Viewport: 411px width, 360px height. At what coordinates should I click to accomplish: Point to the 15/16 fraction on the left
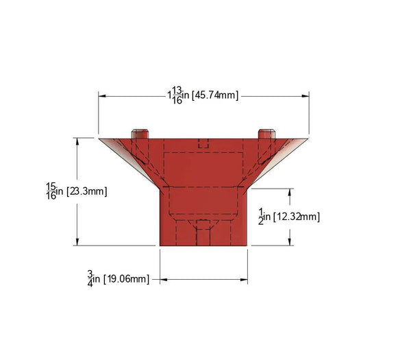click(x=51, y=191)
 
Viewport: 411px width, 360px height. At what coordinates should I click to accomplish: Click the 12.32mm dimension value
click(x=297, y=217)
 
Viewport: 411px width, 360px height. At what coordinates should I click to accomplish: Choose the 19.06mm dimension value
click(x=125, y=278)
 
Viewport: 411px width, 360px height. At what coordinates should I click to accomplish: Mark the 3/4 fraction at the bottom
click(x=90, y=278)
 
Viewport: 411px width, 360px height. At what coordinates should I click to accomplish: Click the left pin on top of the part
click(x=140, y=133)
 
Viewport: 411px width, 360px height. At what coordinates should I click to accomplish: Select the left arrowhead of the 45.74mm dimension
click(x=103, y=95)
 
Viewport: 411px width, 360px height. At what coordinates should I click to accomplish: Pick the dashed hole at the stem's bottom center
click(x=203, y=233)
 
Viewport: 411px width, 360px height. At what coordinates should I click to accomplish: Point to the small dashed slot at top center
click(x=203, y=143)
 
